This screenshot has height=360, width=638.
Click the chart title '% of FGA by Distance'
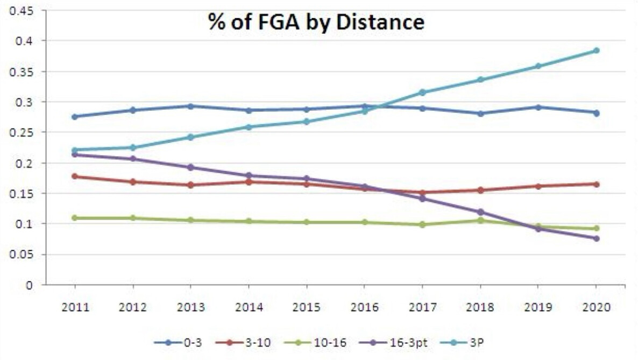click(x=316, y=23)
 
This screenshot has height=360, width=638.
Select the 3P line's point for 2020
click(x=596, y=51)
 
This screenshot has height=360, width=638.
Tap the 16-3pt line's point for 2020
click(x=596, y=238)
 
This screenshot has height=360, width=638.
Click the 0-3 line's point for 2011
click(x=75, y=116)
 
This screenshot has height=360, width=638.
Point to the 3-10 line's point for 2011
click(x=75, y=176)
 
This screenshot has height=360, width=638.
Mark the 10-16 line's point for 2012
click(x=133, y=218)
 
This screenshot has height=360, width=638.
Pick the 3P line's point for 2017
click(x=422, y=93)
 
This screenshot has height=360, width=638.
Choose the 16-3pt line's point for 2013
click(x=190, y=167)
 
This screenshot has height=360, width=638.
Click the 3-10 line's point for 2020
click(x=596, y=184)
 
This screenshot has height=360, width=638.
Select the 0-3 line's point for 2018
click(x=480, y=113)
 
